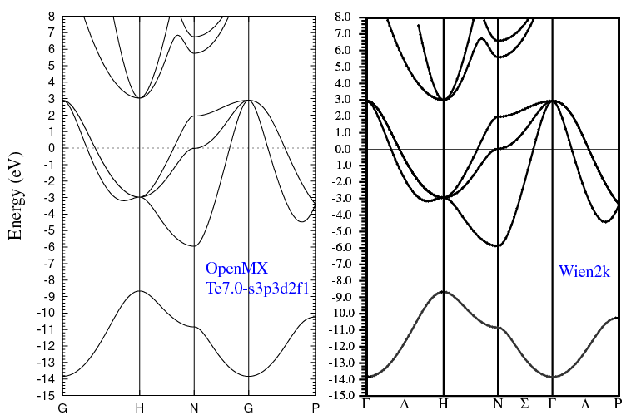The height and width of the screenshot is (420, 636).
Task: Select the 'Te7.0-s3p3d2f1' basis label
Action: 258,288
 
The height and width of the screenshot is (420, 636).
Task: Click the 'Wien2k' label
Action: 585,270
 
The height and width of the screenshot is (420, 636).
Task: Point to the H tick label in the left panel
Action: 138,408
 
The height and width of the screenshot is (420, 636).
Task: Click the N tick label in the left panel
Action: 193,408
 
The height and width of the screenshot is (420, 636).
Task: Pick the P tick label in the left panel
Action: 315,408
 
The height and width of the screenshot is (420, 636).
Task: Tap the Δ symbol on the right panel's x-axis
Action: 405,403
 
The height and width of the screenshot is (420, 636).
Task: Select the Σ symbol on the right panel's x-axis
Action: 524,403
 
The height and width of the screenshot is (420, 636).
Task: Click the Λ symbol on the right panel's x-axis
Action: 585,403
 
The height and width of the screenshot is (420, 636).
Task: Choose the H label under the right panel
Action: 443,403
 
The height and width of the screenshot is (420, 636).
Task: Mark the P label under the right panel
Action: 617,403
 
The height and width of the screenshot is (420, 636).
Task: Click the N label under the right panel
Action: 498,403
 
